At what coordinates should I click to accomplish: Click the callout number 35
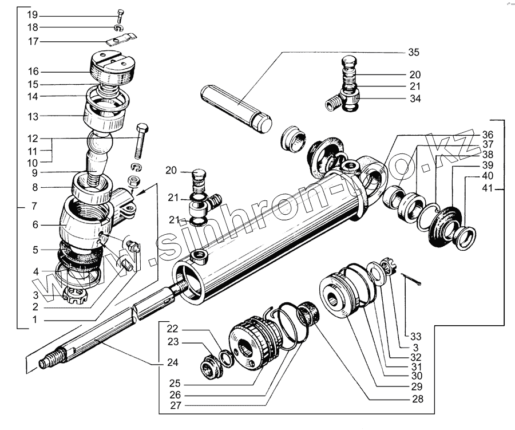[x=413, y=53]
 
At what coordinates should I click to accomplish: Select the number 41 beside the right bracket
[x=487, y=189]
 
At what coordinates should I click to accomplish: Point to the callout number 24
[x=173, y=362]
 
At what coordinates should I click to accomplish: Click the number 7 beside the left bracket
[x=33, y=205]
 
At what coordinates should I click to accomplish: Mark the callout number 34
[x=414, y=99]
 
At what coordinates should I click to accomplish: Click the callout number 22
[x=173, y=329]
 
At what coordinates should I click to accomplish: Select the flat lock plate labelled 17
[x=123, y=41]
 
